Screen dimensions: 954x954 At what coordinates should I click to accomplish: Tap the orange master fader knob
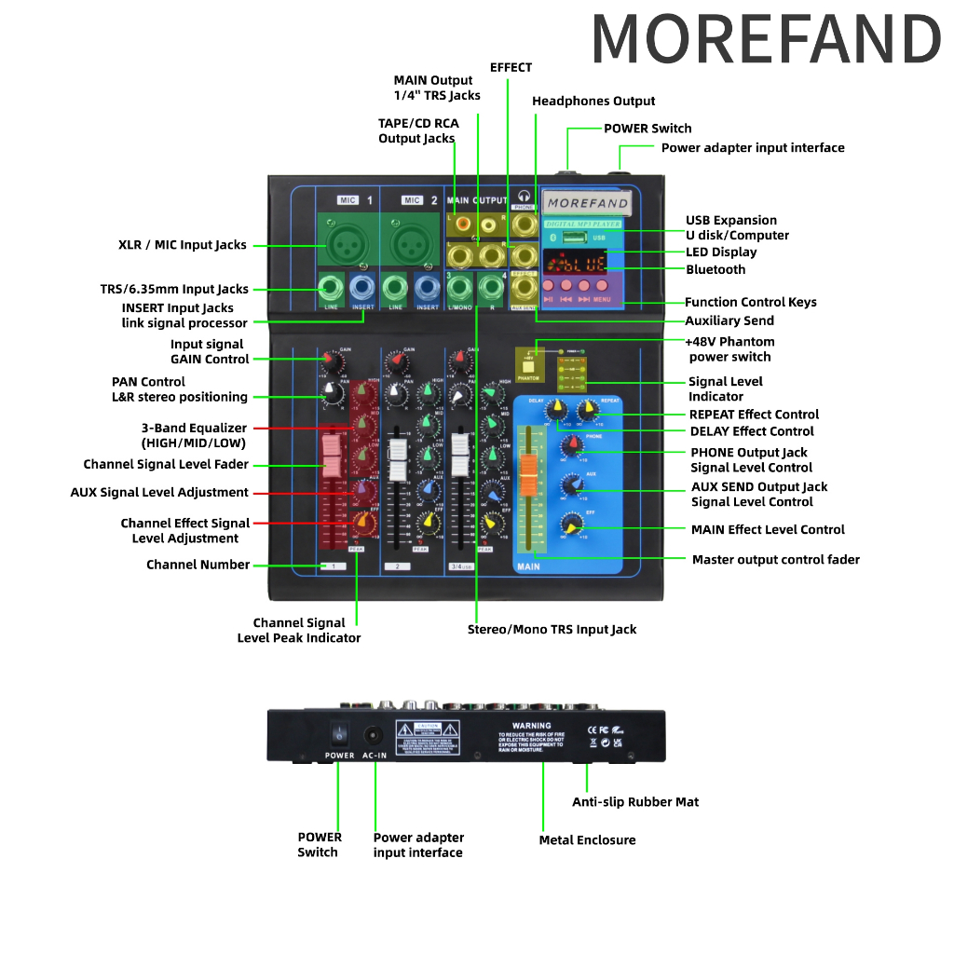tap(528, 476)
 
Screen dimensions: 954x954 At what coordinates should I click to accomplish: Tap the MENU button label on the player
tap(602, 300)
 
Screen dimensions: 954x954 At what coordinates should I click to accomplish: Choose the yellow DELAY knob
tap(556, 409)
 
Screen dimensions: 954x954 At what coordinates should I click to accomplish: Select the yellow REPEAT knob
tap(587, 409)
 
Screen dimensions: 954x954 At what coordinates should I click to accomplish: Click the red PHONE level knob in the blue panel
tap(568, 447)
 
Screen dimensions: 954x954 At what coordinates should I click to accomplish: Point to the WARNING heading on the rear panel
tap(531, 725)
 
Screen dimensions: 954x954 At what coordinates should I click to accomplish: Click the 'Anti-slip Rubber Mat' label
tap(635, 802)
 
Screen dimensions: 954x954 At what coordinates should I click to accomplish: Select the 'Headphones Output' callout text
tap(593, 101)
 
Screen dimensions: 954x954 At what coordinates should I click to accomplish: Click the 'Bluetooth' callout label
tap(715, 269)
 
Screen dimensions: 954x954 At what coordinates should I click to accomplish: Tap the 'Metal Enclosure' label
tap(587, 840)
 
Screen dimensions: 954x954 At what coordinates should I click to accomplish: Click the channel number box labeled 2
tap(398, 566)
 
